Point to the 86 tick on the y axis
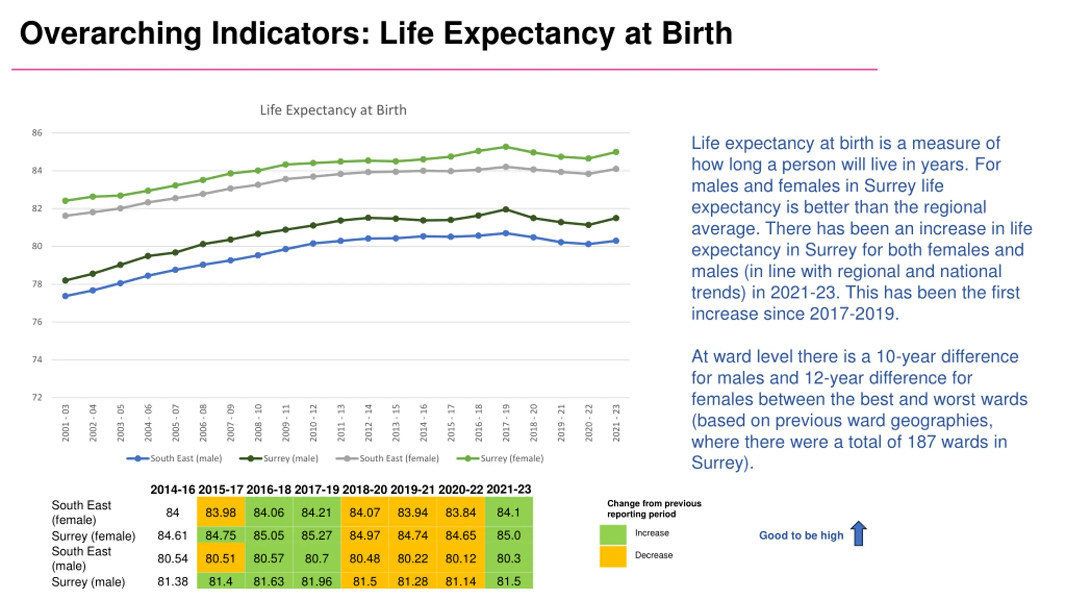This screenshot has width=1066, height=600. [37, 133]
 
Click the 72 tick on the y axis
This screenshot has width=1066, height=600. [37, 397]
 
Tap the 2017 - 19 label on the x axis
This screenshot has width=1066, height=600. [506, 422]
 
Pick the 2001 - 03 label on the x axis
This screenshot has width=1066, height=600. [65, 422]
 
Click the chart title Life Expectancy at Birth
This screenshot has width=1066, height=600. [333, 110]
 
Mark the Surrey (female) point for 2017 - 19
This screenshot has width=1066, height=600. [506, 147]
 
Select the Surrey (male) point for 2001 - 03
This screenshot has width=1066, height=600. [65, 280]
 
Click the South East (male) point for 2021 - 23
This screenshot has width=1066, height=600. [616, 241]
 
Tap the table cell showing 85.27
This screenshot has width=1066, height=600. [316, 535]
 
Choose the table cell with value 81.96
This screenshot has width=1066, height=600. [316, 581]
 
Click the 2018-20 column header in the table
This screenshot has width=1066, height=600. [365, 489]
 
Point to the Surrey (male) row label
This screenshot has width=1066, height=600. [88, 582]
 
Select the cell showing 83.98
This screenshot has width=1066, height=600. [221, 512]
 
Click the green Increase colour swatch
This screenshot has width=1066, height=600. [613, 535]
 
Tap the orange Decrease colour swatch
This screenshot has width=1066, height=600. [613, 557]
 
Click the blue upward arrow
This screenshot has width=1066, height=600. [859, 533]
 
